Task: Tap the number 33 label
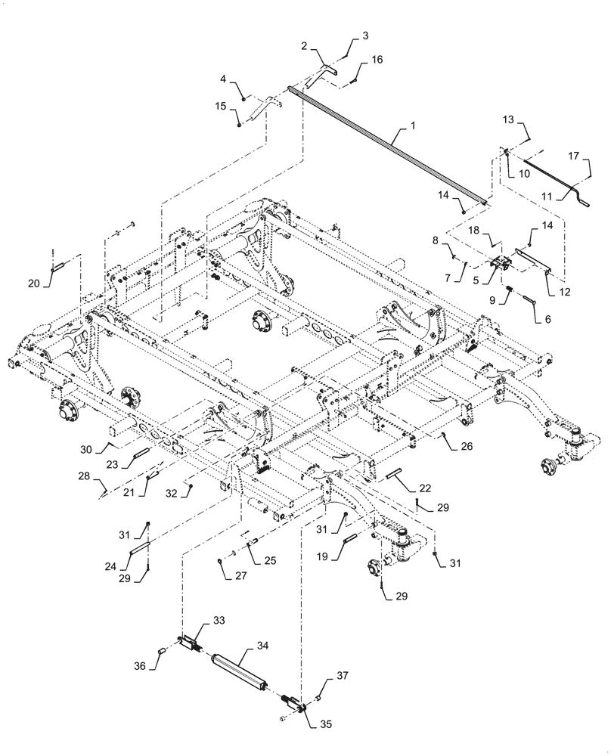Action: [x=219, y=620]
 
